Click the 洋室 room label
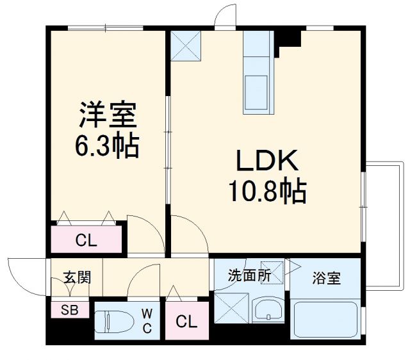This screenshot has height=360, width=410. (x=107, y=117)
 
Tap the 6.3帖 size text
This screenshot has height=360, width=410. (x=107, y=147)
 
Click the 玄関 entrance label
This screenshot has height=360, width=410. (x=77, y=277)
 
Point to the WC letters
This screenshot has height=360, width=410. (x=147, y=322)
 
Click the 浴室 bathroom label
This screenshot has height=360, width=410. (x=327, y=279)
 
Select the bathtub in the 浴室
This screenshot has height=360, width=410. (x=325, y=320)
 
